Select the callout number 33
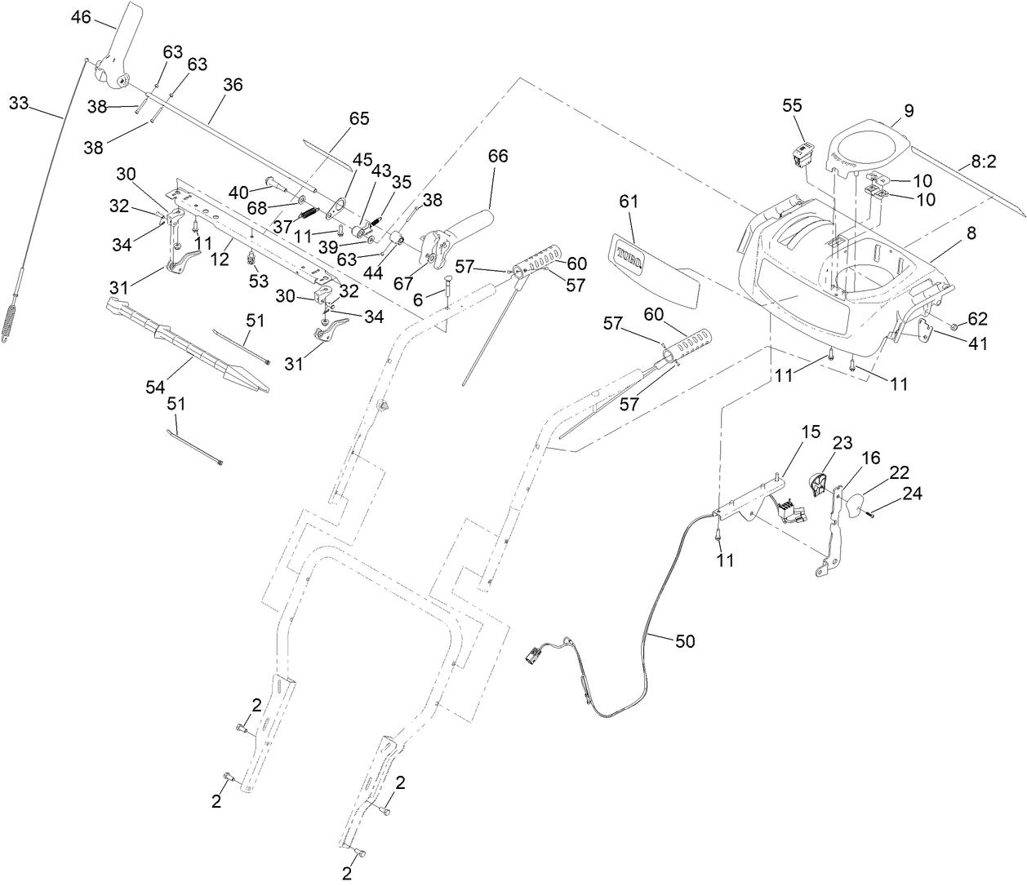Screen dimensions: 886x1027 point(19,103)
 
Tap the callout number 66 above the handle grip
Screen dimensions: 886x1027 point(498,156)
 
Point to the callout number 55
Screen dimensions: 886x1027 point(793,105)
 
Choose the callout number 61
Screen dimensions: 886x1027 point(629,201)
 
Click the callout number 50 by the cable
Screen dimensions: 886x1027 point(686,641)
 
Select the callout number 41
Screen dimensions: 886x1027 point(977,344)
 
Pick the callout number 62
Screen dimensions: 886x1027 point(977,318)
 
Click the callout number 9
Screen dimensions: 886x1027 point(909,110)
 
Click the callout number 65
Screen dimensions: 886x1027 point(359,118)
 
